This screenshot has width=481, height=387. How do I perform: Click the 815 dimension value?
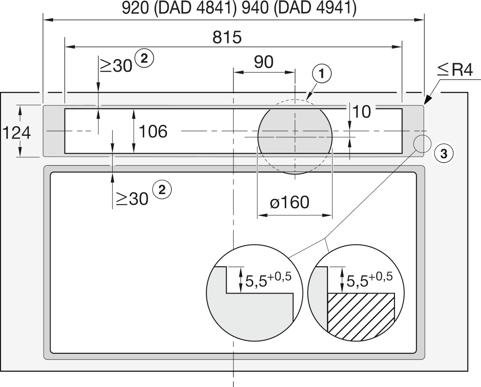(x=227, y=37)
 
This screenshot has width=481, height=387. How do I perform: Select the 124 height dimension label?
(x=16, y=133)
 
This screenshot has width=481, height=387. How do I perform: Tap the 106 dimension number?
(x=153, y=131)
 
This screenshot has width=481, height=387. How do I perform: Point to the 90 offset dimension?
(x=263, y=62)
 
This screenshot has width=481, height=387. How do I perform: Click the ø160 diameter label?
(x=289, y=202)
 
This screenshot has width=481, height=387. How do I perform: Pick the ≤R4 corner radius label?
(x=455, y=69)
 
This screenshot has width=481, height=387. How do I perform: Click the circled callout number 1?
(x=321, y=74)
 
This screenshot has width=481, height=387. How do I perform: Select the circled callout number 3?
(x=444, y=154)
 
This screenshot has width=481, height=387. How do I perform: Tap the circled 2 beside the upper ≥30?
(x=144, y=59)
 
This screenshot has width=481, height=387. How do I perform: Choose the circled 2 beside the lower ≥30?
(x=162, y=190)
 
